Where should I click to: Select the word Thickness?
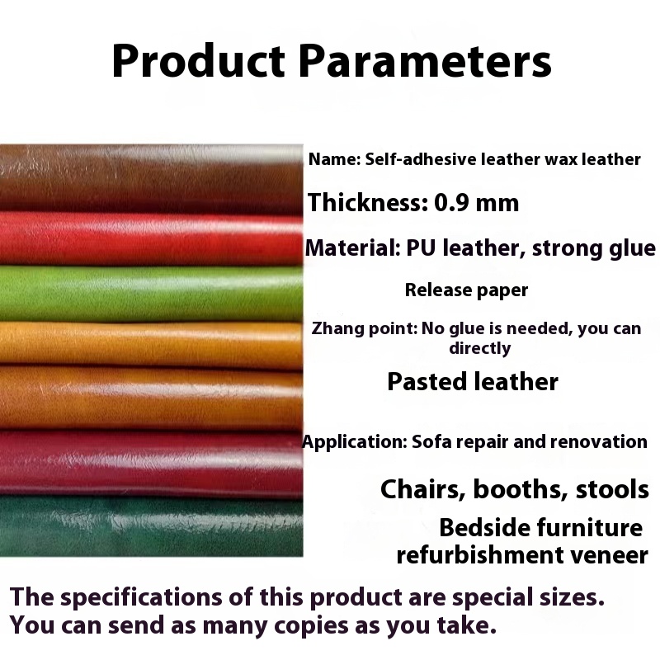click(363, 202)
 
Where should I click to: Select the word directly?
click(480, 348)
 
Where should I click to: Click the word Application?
click(352, 442)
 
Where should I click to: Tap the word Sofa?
click(427, 441)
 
